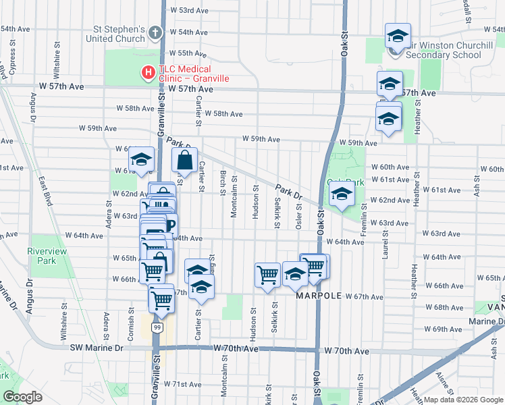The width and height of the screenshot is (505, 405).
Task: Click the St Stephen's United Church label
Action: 119,34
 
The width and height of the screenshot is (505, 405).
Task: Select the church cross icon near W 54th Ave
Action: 155,32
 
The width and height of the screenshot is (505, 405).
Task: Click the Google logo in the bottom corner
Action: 22,397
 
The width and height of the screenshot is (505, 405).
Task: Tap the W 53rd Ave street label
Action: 189,11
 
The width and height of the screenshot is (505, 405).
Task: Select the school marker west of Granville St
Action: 141,159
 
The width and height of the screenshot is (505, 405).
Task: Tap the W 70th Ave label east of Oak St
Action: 346,352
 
